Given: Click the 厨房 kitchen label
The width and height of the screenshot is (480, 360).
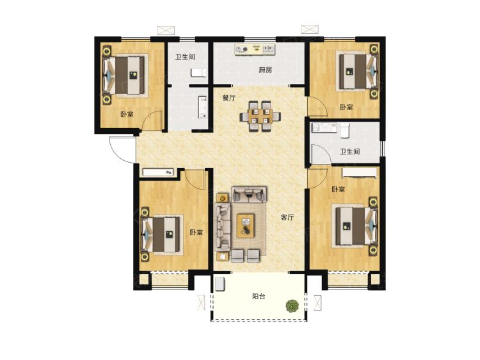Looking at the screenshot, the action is tap(266, 70).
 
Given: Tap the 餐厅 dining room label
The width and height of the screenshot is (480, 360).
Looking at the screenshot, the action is tap(228, 98).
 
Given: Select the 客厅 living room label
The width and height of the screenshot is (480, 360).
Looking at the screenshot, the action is tap(287, 217).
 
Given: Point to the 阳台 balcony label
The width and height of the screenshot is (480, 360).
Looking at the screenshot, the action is tap(259, 297).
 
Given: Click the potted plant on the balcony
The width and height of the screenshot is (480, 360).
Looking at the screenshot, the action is tap(292, 306).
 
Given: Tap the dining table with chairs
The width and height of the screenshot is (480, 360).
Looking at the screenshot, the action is tap(260, 117).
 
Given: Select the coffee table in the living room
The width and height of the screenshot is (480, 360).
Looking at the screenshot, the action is tap(246, 226).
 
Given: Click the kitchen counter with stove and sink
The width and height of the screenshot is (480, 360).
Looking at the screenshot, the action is tap(255, 49).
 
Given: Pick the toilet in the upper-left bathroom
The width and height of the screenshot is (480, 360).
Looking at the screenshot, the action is tap(198, 72).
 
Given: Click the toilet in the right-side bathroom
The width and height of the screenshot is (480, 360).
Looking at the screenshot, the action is tap(345, 130).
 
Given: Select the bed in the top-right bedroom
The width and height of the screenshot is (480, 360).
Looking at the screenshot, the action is tap(356, 72).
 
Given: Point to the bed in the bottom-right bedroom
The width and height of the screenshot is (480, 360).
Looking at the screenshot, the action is tap(356, 226).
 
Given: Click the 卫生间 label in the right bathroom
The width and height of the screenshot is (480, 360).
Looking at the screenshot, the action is tap(350, 152).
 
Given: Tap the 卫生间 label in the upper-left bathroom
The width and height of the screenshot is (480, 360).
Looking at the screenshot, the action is tap(185, 57).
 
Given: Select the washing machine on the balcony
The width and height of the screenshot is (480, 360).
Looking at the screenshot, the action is tap(220, 284).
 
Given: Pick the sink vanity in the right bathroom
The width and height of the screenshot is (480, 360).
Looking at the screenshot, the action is tap(324, 127).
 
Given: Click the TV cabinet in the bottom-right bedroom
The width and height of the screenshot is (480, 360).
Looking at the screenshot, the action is tap(360, 173).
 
